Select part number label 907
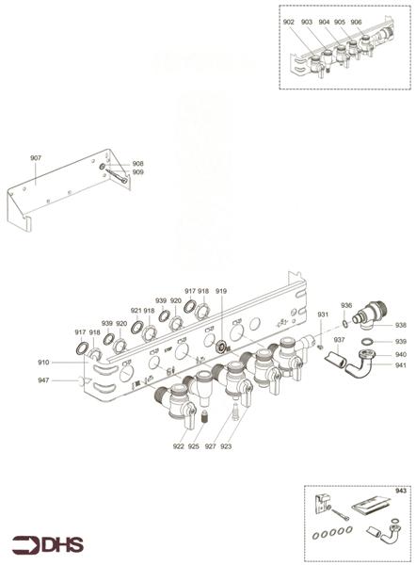[36, 158]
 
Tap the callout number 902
[289, 21]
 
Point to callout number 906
[356, 21]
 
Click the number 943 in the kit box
[402, 490]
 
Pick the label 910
[43, 363]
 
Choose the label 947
[43, 380]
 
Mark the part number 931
[322, 314]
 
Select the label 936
[346, 305]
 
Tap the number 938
[401, 326]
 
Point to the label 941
[401, 365]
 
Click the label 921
[136, 310]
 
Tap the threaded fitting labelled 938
[367, 324]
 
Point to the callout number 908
[137, 163]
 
